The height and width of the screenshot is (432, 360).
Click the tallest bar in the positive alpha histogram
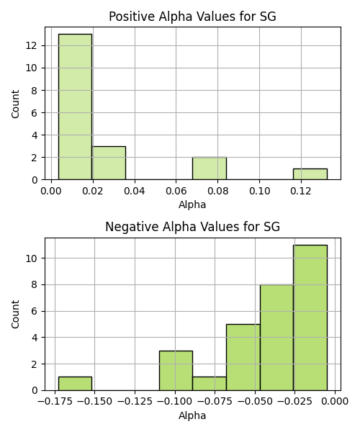[75, 107]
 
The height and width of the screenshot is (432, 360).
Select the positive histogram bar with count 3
[109, 163]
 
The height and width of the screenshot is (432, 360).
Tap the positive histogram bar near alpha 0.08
[210, 168]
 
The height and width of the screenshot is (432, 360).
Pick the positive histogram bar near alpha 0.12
[310, 174]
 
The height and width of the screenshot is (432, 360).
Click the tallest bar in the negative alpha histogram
[310, 318]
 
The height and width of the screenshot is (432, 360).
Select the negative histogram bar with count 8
[276, 338]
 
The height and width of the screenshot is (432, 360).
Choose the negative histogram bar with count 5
[243, 357]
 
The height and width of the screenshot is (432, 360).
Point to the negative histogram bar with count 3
[176, 371]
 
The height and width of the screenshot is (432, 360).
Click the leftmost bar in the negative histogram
[75, 384]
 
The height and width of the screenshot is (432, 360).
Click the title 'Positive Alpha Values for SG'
[192, 17]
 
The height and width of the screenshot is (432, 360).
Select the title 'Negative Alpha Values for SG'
[192, 227]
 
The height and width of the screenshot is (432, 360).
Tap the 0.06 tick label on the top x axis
[176, 191]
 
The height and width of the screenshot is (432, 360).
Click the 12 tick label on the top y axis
[32, 45]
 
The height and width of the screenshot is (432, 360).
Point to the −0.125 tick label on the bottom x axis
[135, 402]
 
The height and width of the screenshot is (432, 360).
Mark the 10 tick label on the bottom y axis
[32, 258]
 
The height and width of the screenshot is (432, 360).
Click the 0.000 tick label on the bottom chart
[335, 402]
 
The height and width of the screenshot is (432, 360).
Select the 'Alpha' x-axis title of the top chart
[192, 204]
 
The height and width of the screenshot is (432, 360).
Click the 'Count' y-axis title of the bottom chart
[15, 315]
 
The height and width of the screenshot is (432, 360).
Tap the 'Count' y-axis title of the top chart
[15, 104]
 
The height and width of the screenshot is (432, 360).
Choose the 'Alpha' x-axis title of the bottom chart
[192, 415]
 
